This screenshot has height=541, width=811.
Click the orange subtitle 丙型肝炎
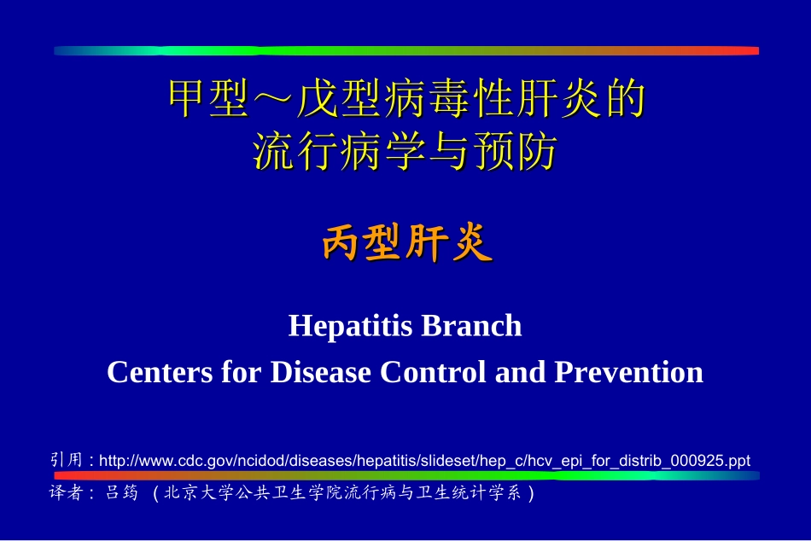(406, 246)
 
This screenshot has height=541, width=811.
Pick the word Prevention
(629, 372)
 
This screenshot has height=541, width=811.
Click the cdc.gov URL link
(424, 461)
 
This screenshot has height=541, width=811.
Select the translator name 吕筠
(120, 493)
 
